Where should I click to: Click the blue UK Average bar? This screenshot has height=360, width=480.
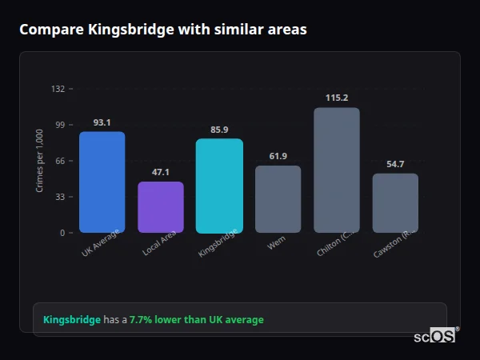point(102,182)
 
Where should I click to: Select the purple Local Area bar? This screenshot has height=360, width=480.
point(160,207)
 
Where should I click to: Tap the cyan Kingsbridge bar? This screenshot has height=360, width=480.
point(219,186)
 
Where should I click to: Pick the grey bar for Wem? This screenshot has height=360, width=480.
point(278,199)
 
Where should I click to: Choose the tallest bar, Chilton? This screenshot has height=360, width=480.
point(337,170)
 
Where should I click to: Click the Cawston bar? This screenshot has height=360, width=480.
point(395,203)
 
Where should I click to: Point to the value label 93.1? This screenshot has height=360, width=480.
point(102,122)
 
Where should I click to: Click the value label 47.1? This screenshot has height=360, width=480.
point(160,173)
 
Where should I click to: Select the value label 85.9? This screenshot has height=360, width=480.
point(219,130)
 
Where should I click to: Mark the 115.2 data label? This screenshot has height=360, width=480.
point(337,98)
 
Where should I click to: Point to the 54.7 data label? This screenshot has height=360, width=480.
point(395,164)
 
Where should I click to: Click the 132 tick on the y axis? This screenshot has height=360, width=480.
point(58,89)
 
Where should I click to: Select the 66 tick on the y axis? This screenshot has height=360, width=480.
point(60,161)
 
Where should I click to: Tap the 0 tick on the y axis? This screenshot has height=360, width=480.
point(62,233)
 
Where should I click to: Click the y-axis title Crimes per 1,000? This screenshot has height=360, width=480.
point(40,161)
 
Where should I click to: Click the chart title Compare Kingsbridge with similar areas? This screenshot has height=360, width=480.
point(163,30)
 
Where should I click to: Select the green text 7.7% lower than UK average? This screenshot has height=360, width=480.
point(196,320)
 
